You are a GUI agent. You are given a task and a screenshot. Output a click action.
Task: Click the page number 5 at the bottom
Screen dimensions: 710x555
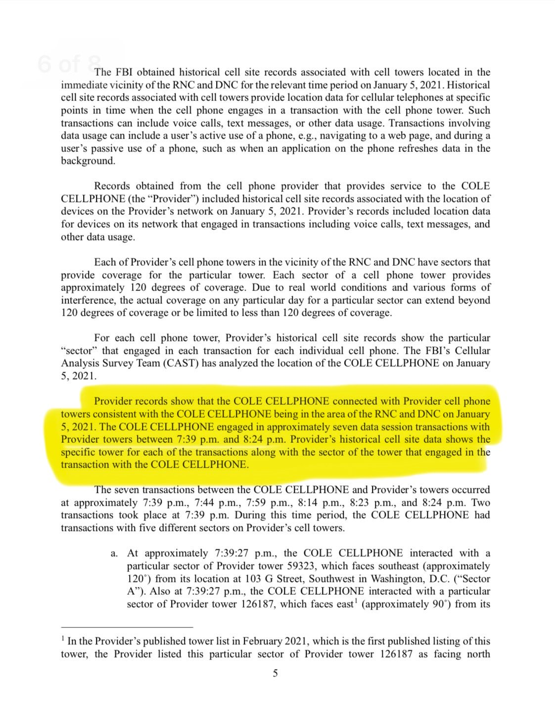(276, 673)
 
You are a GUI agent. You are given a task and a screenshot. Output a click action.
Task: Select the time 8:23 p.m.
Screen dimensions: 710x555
(368, 503)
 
